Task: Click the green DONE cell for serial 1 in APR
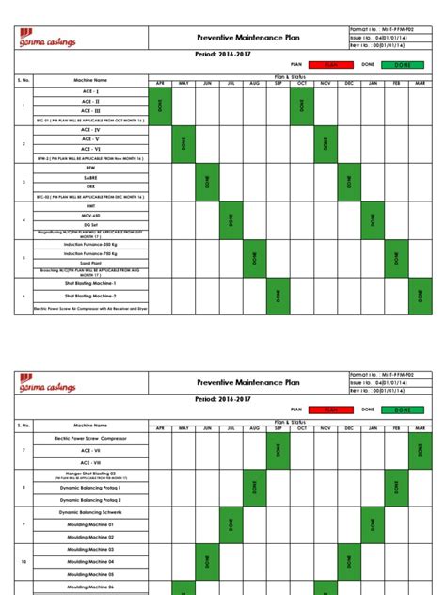pyautogui.click(x=160, y=105)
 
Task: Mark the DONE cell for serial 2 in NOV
pyautogui.click(x=325, y=144)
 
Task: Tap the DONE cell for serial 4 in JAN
pyautogui.click(x=374, y=220)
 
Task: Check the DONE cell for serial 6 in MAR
pyautogui.click(x=421, y=296)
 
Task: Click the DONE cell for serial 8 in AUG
pyautogui.click(x=254, y=487)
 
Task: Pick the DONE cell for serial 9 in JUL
pyautogui.click(x=231, y=524)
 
